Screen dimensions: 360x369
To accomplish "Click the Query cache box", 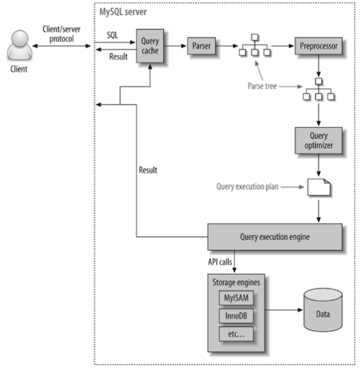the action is [150, 46].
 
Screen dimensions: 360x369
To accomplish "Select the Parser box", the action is [201, 46].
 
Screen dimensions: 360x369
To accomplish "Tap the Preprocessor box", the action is [318, 46].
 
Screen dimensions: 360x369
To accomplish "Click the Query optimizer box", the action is [318, 141].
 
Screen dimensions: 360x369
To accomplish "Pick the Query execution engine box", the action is [275, 237].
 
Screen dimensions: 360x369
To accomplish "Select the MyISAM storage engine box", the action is [236, 298].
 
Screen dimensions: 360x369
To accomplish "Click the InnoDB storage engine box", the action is [236, 316].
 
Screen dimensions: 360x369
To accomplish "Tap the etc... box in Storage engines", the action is [236, 334].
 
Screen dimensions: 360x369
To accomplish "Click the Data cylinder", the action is [323, 310].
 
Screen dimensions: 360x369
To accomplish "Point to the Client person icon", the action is [20, 45].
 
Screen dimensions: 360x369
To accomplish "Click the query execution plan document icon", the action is [319, 187].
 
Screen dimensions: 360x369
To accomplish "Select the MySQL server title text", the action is [123, 12].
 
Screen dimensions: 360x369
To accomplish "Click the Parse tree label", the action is [262, 86].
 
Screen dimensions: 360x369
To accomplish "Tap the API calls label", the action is [220, 262].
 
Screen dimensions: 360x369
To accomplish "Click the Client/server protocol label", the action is [61, 34].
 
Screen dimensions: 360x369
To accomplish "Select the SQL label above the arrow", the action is [112, 35].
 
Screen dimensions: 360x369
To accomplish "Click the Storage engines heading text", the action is [236, 282].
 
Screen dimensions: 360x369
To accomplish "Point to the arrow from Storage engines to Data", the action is [284, 310].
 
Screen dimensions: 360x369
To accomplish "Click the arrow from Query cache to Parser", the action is [175, 46].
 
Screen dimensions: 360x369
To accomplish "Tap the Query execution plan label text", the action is [248, 187].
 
